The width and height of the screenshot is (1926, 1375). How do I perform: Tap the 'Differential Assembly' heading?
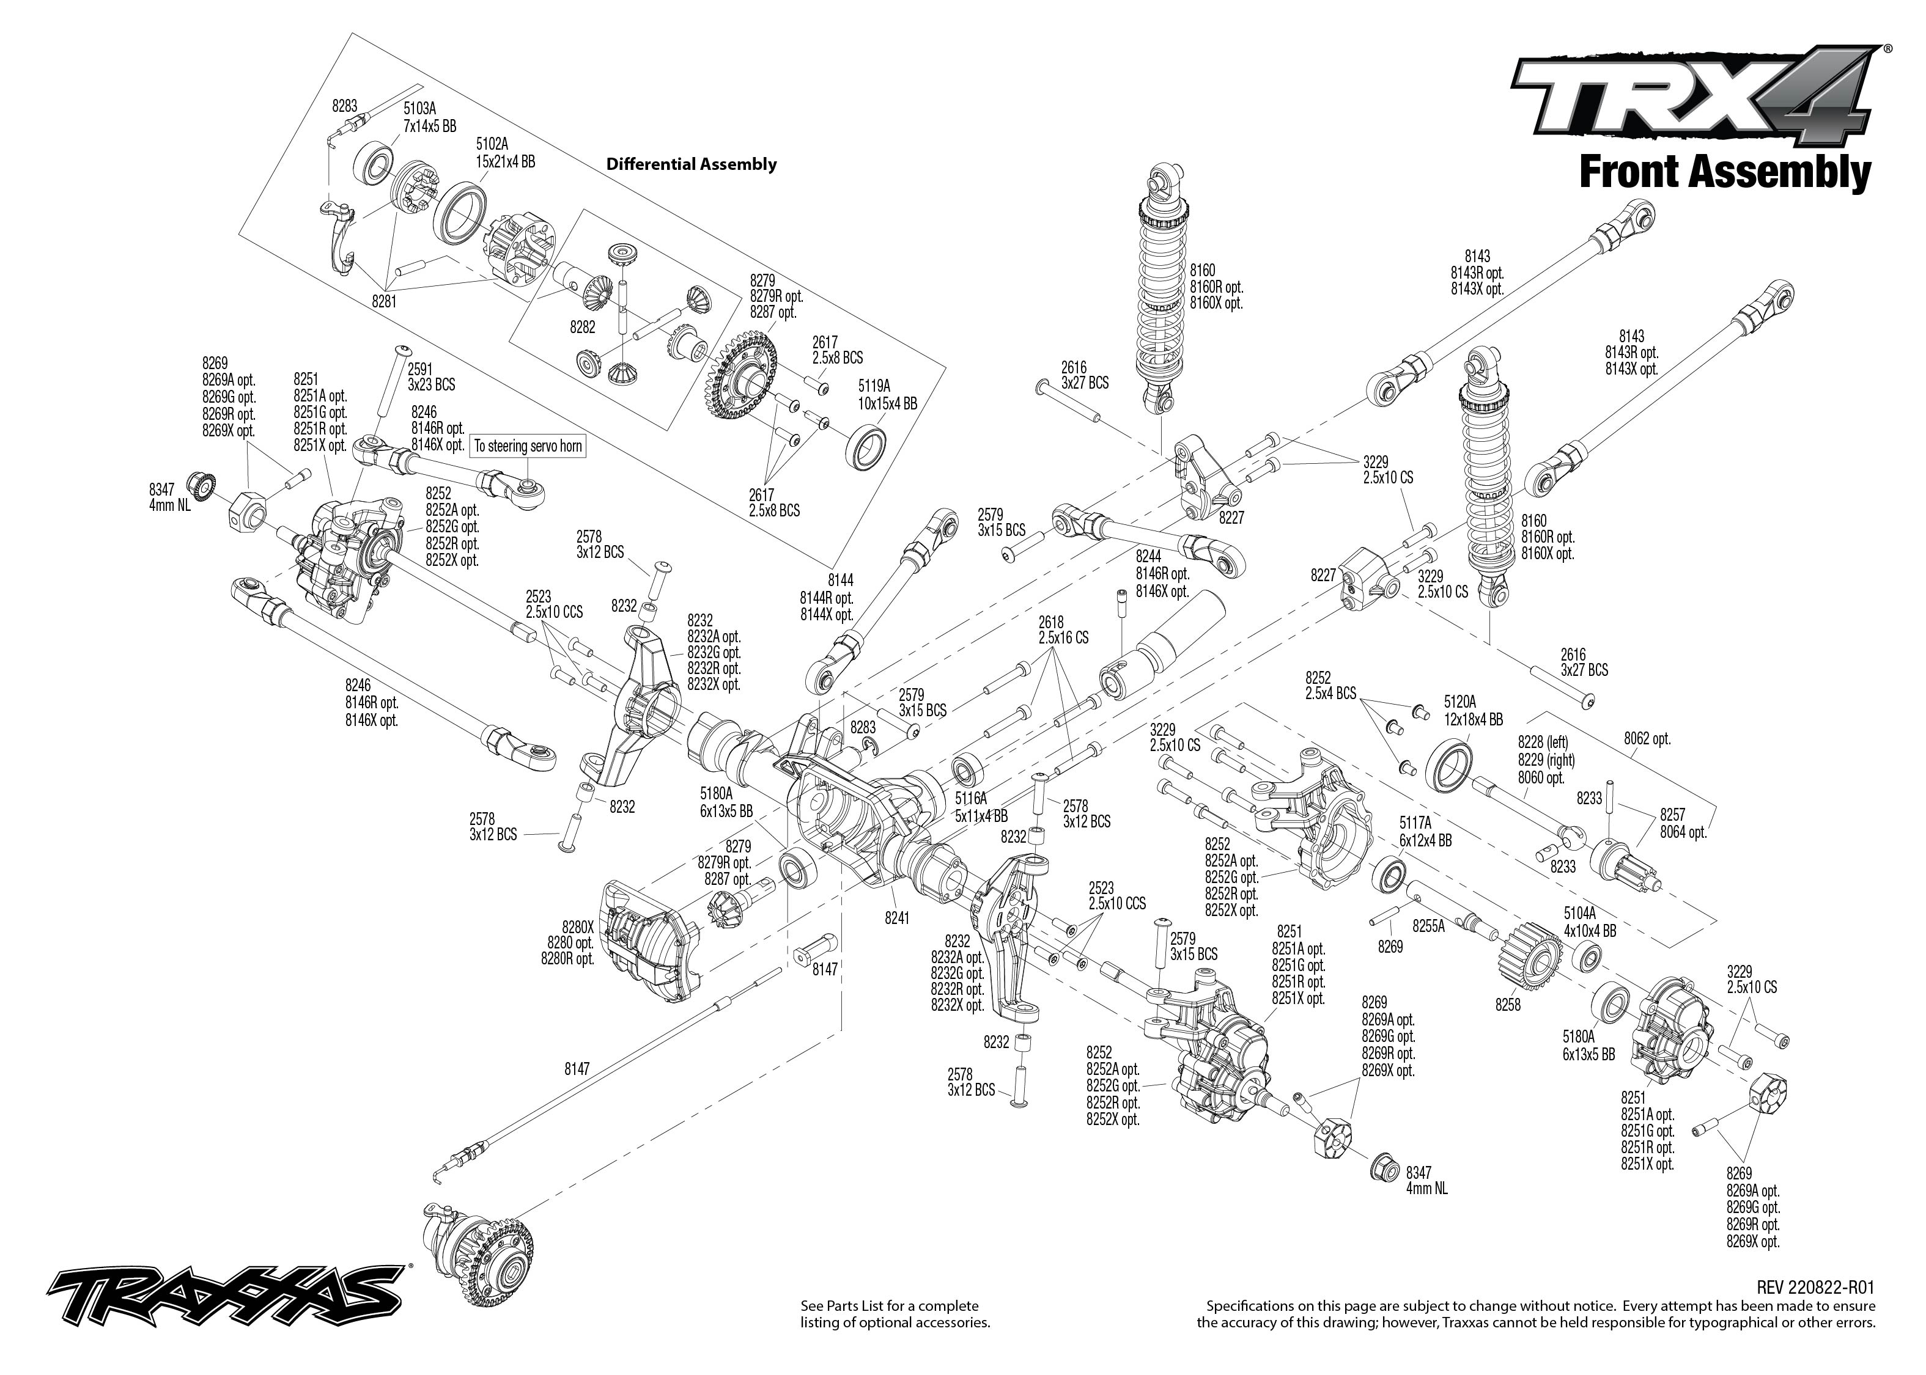pyautogui.click(x=691, y=164)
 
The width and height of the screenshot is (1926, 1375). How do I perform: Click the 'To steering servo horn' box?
pyautogui.click(x=528, y=446)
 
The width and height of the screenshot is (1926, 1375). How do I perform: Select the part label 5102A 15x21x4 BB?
pyautogui.click(x=505, y=152)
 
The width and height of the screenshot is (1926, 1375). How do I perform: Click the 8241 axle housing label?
pyautogui.click(x=896, y=917)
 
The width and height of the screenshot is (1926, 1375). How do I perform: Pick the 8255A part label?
pyautogui.click(x=1428, y=926)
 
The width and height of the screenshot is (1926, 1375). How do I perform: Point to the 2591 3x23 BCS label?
pyautogui.click(x=431, y=377)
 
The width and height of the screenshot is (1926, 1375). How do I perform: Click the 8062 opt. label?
pyautogui.click(x=1647, y=738)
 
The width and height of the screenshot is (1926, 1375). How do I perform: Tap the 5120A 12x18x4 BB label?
pyautogui.click(x=1473, y=710)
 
